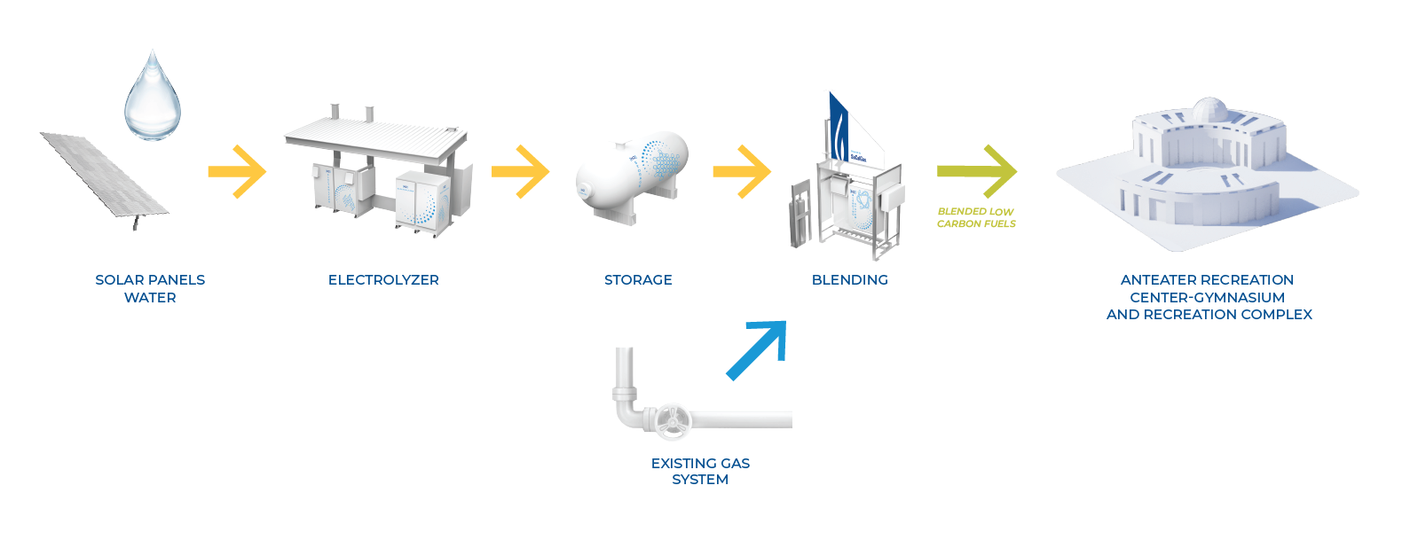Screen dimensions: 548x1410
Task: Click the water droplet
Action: [153, 100]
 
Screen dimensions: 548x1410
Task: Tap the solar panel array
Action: [105, 175]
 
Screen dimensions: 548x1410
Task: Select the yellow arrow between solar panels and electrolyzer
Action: [238, 170]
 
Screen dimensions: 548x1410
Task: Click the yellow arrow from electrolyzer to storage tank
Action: [521, 170]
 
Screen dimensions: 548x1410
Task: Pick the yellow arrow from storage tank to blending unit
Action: [743, 170]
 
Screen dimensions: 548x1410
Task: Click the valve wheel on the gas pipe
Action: [670, 420]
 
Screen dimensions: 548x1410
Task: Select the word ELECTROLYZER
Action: [383, 280]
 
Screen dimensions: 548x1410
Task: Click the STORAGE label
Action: [638, 280]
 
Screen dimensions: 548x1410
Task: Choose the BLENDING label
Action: [849, 280]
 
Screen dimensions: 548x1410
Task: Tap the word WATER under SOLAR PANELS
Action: [150, 298]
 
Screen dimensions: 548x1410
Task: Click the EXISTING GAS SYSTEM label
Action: [700, 471]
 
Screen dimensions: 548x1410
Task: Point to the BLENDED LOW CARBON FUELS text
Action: [976, 218]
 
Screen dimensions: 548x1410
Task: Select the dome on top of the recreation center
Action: [1208, 110]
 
